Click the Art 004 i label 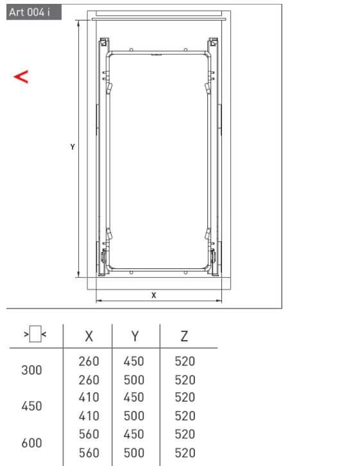tap(30, 12)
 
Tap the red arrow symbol tap(21, 76)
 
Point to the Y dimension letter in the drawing tap(73, 146)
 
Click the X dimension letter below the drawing tap(153, 295)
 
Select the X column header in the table tap(89, 336)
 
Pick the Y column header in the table tap(135, 336)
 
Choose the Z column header tap(184, 336)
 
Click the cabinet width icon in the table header tap(35, 334)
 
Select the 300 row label tap(31, 370)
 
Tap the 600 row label tap(31, 443)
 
